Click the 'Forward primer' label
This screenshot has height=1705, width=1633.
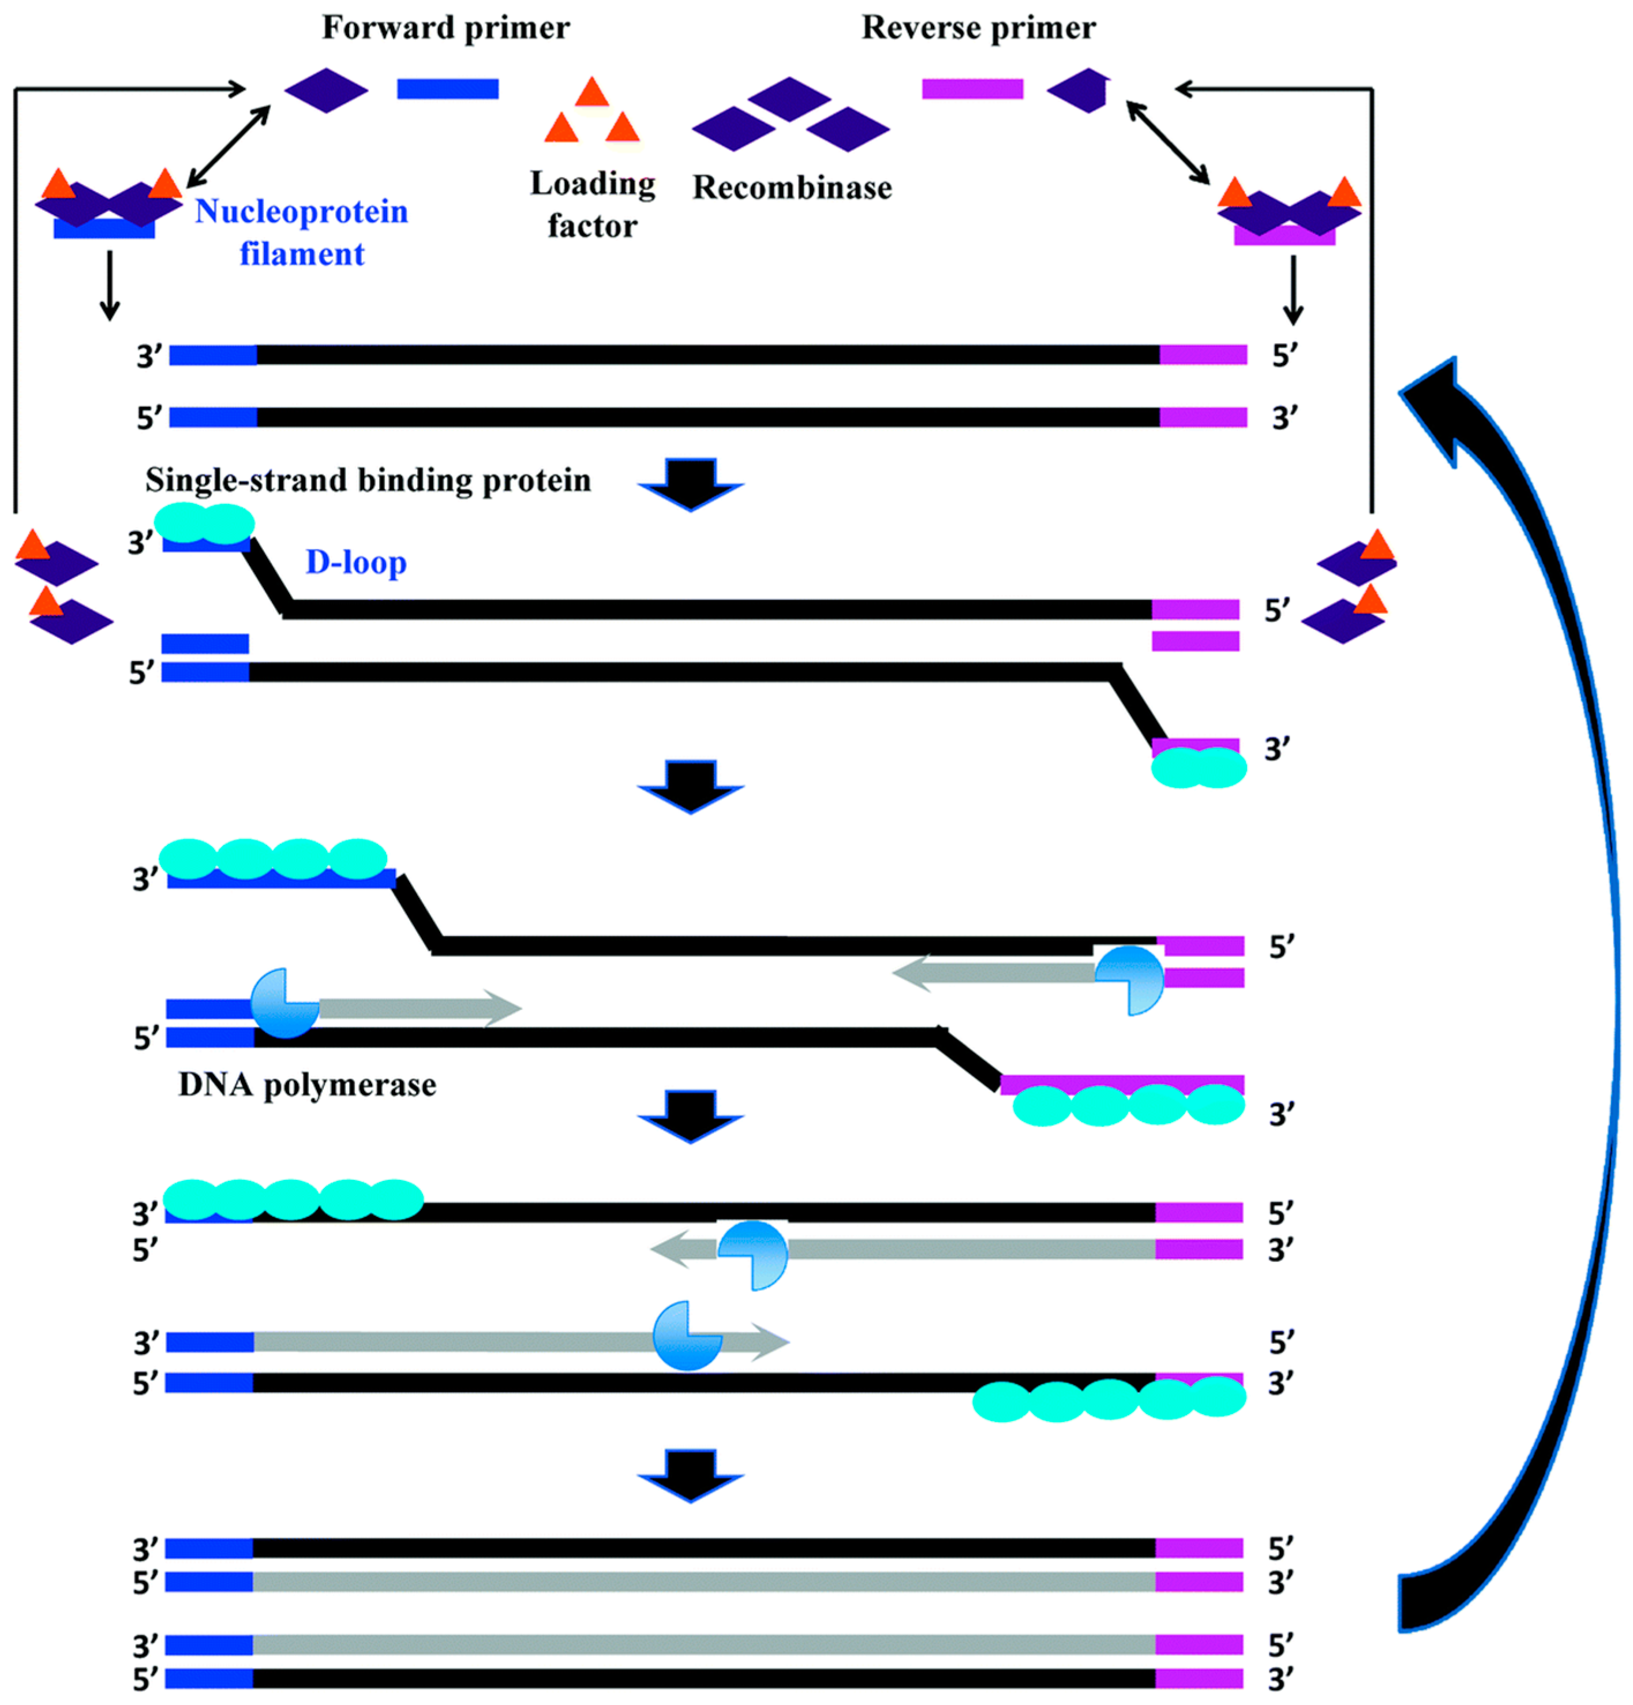coord(445,28)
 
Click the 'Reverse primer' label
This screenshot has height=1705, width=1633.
coord(977,28)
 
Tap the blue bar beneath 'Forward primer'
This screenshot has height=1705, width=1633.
coord(447,89)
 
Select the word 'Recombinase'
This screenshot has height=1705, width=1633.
coord(791,188)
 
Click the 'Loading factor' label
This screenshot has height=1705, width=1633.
coord(592,204)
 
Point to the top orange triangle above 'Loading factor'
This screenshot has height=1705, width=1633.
coord(591,93)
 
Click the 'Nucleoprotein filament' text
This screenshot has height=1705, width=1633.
coord(301,232)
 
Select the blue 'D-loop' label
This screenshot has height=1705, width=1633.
coord(355,563)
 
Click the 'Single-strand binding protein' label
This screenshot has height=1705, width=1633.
coord(368,480)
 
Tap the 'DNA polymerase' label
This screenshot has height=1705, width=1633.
coord(307,1085)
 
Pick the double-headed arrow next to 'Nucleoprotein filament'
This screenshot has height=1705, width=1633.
coord(229,145)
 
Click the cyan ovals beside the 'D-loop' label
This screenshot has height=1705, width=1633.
coord(204,524)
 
